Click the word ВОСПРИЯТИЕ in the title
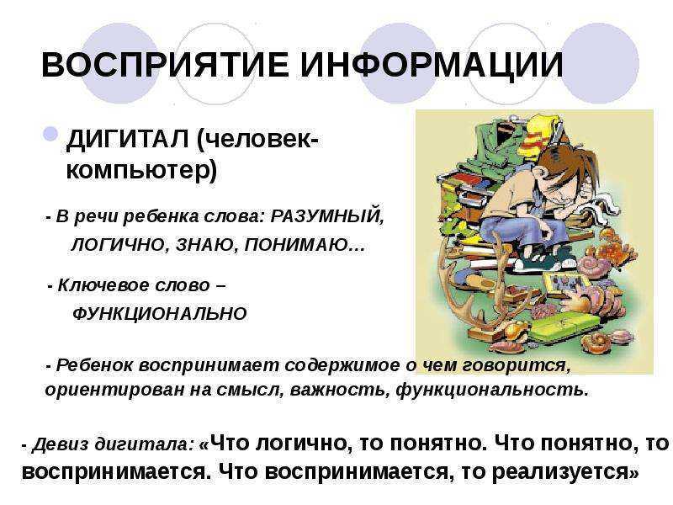(x=165, y=65)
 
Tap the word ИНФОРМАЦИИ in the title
(x=431, y=66)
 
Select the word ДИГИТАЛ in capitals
(x=128, y=140)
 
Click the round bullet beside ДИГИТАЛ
(x=50, y=134)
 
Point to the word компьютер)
(x=141, y=171)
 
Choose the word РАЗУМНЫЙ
(x=327, y=216)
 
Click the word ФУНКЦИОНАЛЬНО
(x=160, y=313)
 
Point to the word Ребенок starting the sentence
(x=95, y=365)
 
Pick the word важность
(x=340, y=390)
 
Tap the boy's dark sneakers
(x=544, y=263)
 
